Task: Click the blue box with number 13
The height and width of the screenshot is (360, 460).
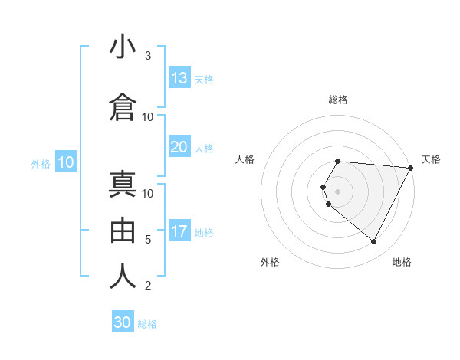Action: (x=179, y=78)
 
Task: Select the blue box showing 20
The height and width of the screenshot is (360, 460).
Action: (x=179, y=147)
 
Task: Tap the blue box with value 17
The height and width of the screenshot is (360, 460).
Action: (x=179, y=231)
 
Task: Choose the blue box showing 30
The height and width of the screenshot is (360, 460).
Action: (x=123, y=322)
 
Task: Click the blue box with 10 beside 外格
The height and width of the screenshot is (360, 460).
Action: (x=65, y=162)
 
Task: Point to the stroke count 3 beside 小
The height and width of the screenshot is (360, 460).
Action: (x=148, y=56)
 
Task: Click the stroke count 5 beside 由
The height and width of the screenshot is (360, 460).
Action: (x=148, y=240)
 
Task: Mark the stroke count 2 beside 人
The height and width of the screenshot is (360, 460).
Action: (x=148, y=286)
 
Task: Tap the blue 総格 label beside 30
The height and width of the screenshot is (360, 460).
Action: (x=147, y=324)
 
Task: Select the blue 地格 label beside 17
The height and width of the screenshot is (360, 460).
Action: (x=204, y=232)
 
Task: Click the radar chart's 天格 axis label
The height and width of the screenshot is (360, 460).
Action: (x=431, y=159)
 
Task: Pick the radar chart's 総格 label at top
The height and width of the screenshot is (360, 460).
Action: (x=338, y=100)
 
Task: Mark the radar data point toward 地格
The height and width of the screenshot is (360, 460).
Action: (x=374, y=242)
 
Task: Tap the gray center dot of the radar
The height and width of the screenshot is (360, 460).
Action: (x=338, y=190)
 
